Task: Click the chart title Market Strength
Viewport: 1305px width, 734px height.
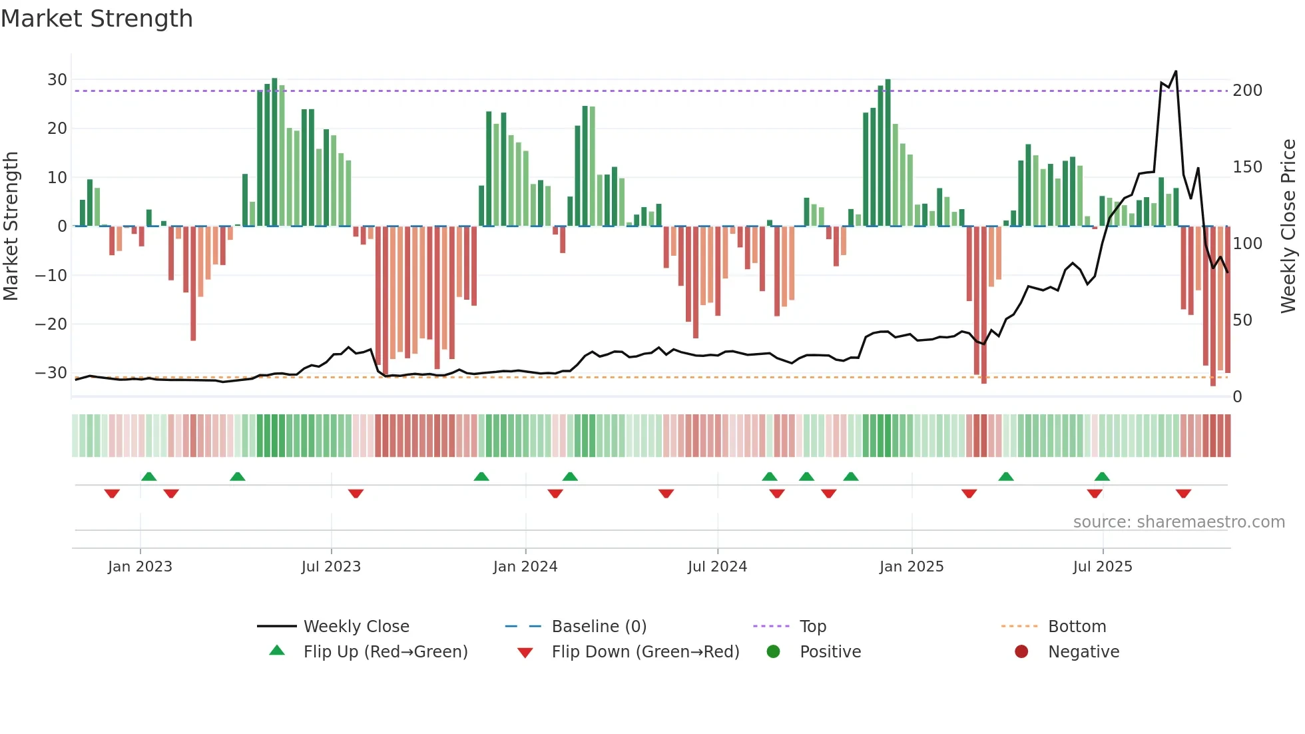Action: click(97, 19)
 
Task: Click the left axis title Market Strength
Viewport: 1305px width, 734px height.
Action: click(11, 226)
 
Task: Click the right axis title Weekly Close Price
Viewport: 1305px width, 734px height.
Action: click(1288, 226)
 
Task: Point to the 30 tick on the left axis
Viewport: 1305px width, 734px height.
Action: click(57, 80)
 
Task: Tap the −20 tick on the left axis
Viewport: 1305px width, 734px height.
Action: click(51, 324)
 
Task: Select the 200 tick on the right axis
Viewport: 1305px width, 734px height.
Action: click(1247, 91)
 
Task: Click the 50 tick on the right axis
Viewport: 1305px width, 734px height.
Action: click(1242, 320)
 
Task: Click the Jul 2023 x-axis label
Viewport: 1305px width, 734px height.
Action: click(331, 567)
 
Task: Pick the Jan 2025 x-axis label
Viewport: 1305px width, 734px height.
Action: click(912, 567)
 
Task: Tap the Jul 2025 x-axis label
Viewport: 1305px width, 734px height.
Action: click(1103, 567)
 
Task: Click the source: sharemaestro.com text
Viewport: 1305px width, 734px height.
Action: click(1178, 522)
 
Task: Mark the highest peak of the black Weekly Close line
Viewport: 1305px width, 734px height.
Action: click(1176, 71)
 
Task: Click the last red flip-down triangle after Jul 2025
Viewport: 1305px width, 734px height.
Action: click(1183, 494)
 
